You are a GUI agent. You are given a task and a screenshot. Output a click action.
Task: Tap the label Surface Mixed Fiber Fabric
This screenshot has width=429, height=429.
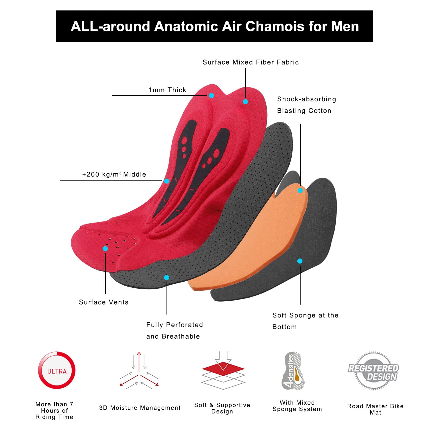250,62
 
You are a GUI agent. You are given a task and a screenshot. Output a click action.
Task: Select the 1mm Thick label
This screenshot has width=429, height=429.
168,90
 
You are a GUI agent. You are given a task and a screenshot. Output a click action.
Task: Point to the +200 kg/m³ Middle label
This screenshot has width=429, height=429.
114,174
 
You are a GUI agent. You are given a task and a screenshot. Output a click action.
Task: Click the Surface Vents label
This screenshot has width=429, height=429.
104,302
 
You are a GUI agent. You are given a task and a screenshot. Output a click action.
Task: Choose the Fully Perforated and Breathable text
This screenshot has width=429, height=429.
174,330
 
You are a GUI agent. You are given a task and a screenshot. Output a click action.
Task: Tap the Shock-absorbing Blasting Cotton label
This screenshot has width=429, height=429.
306,105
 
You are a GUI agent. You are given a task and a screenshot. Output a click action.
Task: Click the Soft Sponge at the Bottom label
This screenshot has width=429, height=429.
305,321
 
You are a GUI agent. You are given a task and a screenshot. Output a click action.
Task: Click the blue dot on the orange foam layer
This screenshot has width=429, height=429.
300,190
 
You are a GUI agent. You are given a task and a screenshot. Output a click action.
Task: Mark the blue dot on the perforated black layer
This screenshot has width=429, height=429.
167,278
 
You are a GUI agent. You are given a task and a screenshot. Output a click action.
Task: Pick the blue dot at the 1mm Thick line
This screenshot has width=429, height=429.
211,95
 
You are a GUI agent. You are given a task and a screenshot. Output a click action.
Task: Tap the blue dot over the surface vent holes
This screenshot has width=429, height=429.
105,249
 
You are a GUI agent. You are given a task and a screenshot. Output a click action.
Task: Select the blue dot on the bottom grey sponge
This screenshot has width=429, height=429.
300,261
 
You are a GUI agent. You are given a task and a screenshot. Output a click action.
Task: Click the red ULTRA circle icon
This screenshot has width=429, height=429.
57,371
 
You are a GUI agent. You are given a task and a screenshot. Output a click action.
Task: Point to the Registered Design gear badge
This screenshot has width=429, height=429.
373,371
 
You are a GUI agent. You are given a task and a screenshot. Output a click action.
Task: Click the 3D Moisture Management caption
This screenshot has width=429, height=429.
140,408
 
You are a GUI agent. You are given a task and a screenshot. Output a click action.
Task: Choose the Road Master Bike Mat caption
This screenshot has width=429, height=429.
375,409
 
